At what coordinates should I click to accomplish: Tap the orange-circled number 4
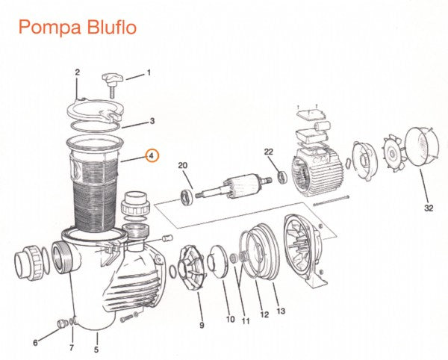152,155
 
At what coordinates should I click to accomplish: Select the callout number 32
429,208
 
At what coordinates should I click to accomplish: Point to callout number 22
269,152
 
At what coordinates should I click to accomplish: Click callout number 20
183,165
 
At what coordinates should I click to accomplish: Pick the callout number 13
281,311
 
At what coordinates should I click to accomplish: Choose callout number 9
202,325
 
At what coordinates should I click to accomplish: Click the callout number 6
35,342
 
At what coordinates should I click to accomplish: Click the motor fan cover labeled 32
422,147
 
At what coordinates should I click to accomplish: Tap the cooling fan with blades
393,155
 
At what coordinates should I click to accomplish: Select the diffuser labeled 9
191,269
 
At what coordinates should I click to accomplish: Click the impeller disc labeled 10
219,261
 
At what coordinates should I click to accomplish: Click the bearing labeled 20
187,198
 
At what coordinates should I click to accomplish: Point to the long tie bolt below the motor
331,201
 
